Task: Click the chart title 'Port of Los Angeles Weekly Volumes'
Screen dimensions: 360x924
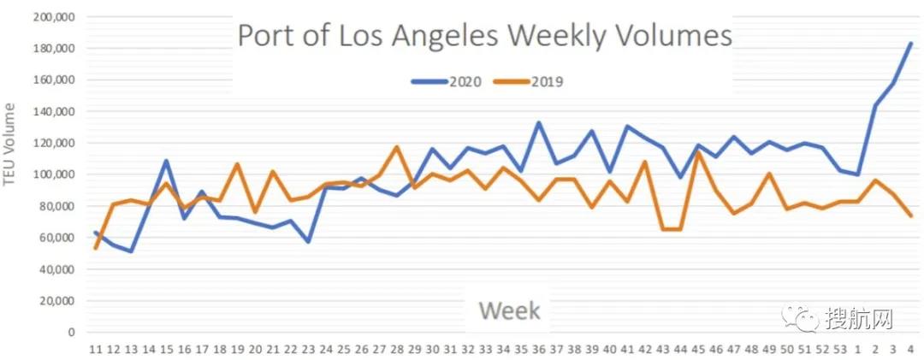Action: (x=484, y=37)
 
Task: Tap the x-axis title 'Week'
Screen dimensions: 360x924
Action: (x=510, y=310)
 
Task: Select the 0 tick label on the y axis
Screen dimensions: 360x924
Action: (x=72, y=332)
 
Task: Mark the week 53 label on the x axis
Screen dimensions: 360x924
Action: (x=838, y=350)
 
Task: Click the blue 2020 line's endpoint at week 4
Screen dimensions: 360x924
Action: (x=909, y=43)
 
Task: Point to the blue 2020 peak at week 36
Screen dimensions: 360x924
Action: (x=538, y=122)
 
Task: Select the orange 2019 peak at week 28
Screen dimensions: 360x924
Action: (x=397, y=147)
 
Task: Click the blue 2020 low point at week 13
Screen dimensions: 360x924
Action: (x=131, y=251)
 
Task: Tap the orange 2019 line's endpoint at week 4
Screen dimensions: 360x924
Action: (x=909, y=215)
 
